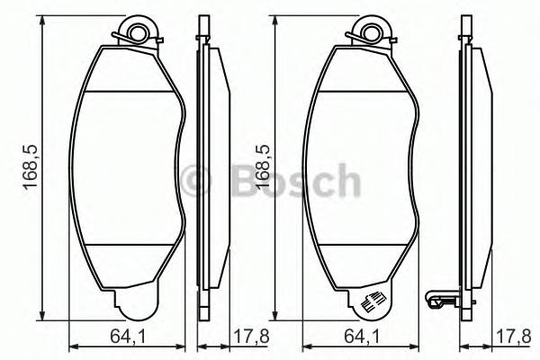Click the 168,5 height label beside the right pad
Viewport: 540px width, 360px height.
[x=261, y=172]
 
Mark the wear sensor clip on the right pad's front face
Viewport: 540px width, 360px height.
[x=371, y=303]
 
